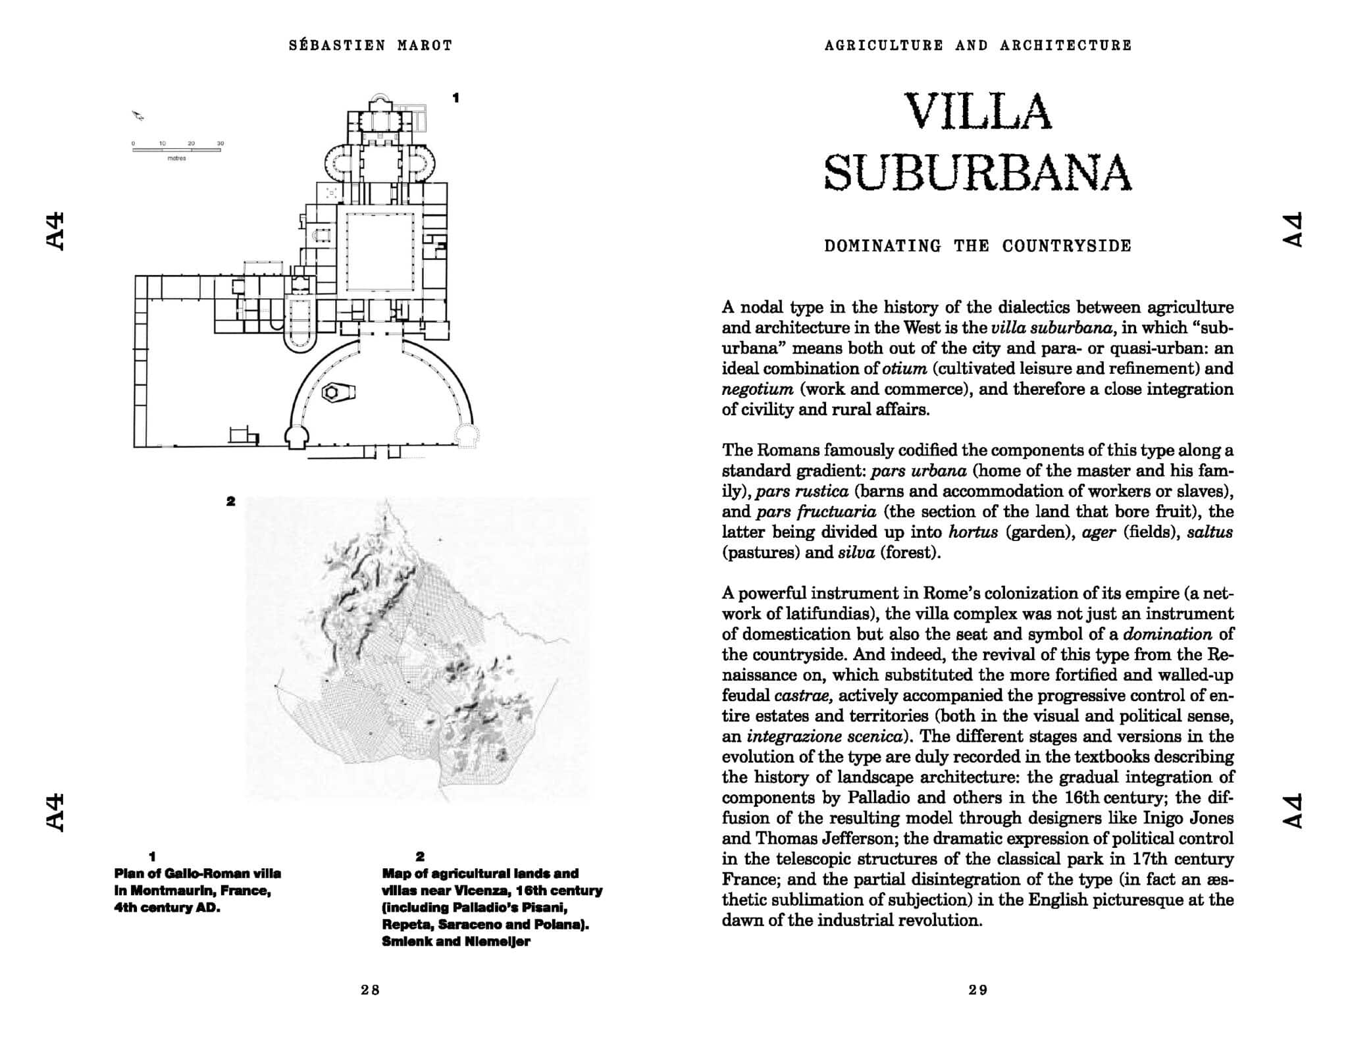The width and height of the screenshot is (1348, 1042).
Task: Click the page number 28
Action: pos(371,989)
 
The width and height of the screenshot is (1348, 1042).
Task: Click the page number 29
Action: pos(978,989)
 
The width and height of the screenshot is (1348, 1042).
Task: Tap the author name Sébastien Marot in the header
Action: pos(371,45)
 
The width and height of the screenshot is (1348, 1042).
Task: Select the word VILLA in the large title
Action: pos(978,111)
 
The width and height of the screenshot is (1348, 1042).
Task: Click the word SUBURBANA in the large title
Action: pos(978,172)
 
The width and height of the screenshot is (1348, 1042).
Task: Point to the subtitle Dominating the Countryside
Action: pos(978,246)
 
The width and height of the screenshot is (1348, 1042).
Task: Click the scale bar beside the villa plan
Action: pos(176,150)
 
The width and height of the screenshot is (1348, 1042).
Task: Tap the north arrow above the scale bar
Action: pos(139,116)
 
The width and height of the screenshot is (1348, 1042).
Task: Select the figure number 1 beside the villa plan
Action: pos(455,97)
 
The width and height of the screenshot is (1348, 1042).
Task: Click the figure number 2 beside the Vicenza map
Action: pos(230,501)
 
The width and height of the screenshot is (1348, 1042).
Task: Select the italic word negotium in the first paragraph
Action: pos(757,389)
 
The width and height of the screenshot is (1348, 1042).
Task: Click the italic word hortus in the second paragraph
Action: pos(973,532)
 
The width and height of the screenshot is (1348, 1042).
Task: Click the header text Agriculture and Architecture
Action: pos(978,45)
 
